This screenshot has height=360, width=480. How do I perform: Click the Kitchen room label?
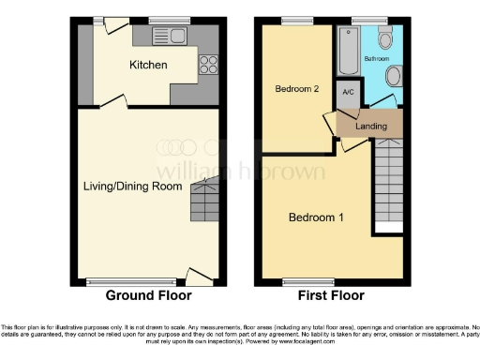tap(148, 66)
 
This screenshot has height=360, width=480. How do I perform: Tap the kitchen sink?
tap(175, 37)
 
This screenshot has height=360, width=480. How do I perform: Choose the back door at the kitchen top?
tap(117, 29)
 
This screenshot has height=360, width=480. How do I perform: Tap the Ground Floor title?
tap(148, 295)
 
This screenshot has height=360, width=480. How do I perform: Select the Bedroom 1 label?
tap(316, 217)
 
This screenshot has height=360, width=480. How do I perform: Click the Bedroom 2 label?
tap(298, 89)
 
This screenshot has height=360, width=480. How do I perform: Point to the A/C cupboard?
tap(347, 92)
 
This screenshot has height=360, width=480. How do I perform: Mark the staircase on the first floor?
tap(387, 184)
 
